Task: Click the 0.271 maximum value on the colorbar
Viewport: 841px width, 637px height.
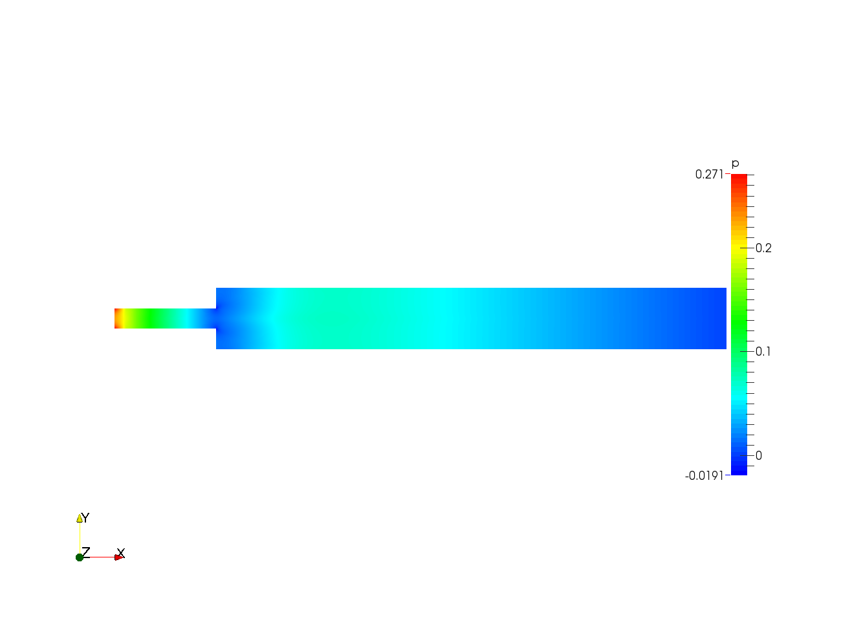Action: click(x=709, y=175)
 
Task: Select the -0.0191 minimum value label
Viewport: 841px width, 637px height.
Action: click(x=704, y=476)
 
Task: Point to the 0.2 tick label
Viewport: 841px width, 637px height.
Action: click(x=763, y=248)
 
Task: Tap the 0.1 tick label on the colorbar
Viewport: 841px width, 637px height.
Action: click(x=763, y=352)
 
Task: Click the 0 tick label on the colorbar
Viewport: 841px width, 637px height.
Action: click(x=759, y=456)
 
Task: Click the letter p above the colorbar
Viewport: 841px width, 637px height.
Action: click(x=735, y=164)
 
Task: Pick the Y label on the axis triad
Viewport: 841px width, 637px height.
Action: click(x=85, y=518)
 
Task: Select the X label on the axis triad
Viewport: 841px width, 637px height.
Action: click(x=121, y=553)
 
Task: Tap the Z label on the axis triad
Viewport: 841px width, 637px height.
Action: click(x=86, y=552)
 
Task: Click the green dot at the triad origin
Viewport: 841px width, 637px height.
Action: click(x=80, y=557)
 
